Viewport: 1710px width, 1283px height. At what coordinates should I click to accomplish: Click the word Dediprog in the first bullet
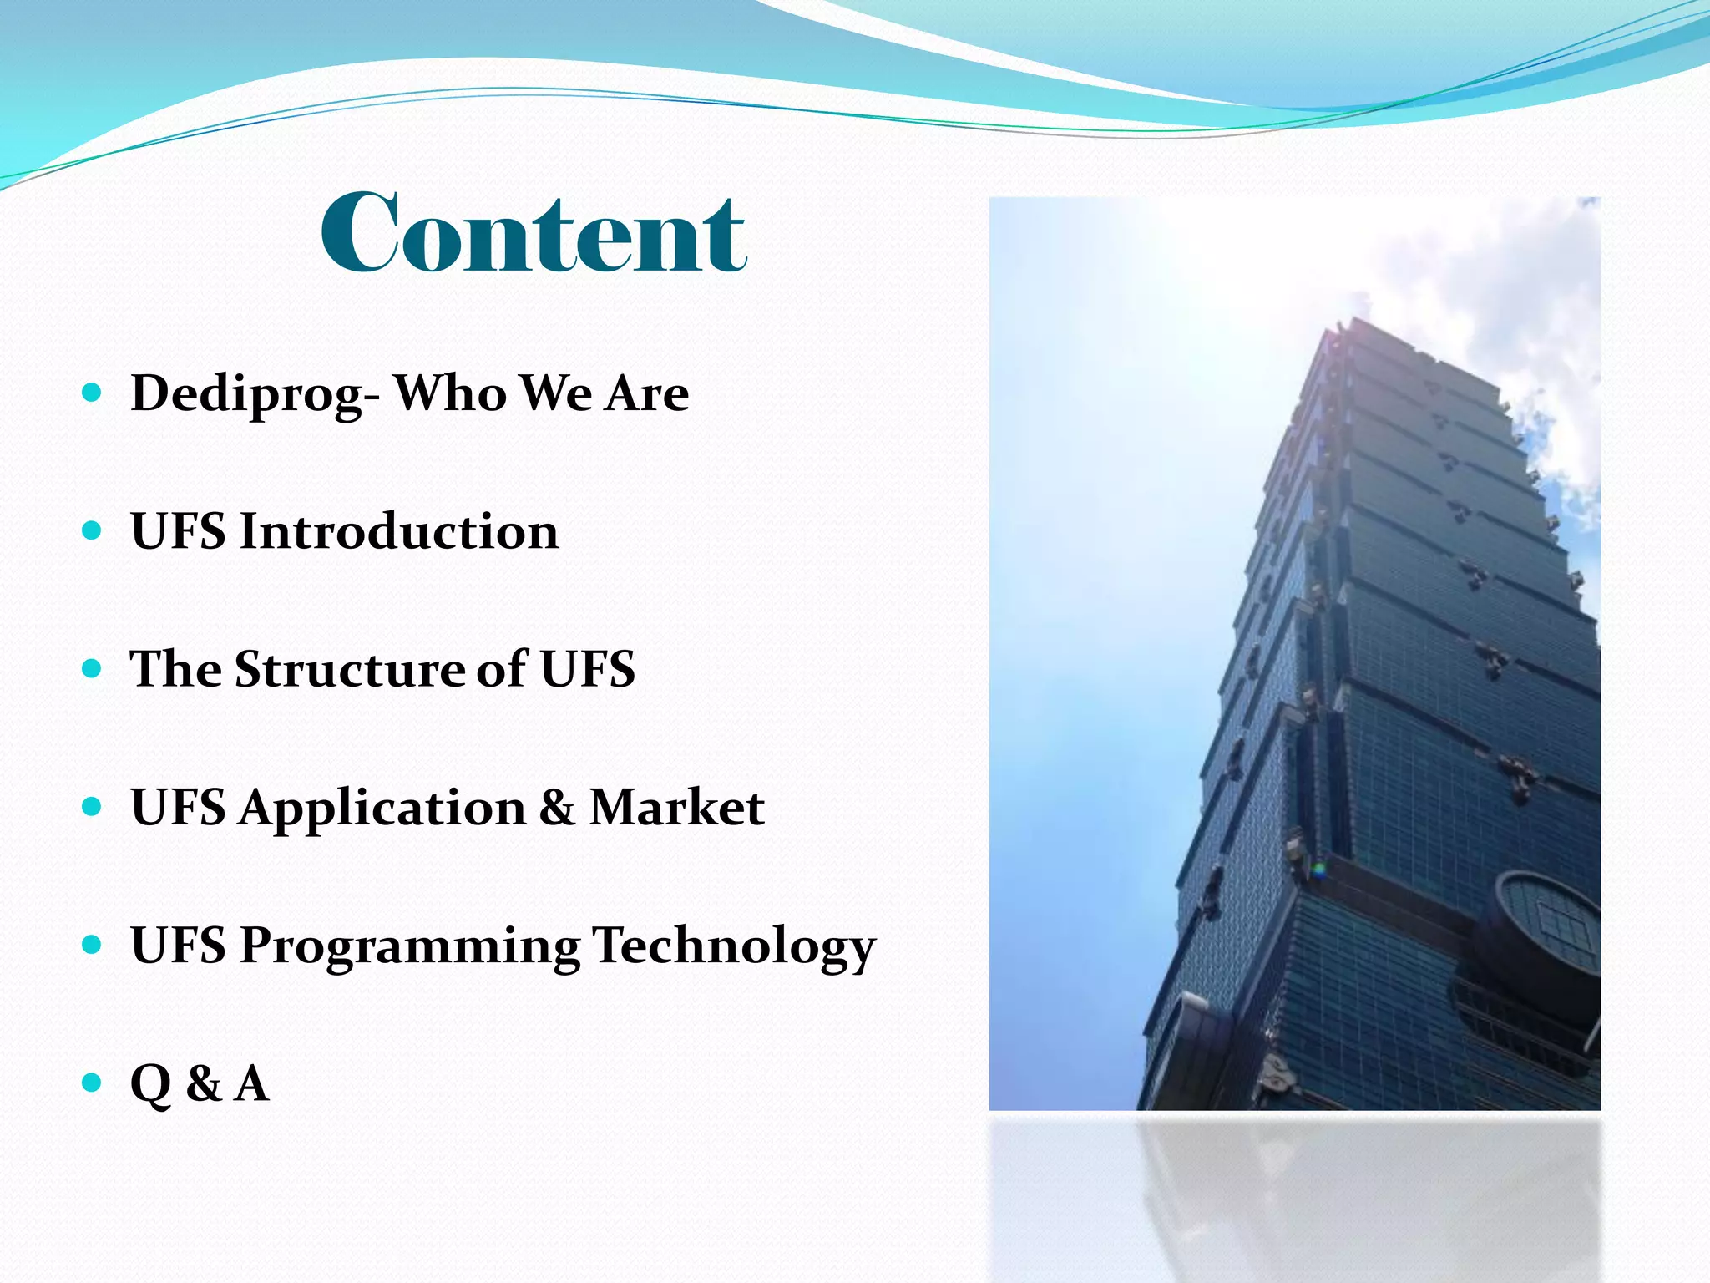click(246, 393)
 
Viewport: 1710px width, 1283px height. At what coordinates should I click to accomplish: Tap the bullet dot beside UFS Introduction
click(93, 530)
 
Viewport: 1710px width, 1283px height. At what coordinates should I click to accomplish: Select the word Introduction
click(399, 531)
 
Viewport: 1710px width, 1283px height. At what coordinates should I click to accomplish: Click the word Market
click(676, 808)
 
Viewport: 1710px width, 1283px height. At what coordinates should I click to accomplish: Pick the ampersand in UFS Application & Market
click(557, 808)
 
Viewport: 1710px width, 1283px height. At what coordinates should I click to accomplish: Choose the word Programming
click(409, 947)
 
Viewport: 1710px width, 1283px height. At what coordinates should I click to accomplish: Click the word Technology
click(734, 947)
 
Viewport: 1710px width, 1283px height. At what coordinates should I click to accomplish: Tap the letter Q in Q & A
click(151, 1085)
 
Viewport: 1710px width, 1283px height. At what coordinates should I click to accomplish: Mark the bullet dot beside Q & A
click(93, 1083)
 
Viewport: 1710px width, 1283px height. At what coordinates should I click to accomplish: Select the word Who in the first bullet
click(450, 393)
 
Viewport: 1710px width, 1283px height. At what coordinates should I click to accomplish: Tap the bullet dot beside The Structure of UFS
click(93, 668)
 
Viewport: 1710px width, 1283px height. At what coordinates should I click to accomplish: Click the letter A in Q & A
click(251, 1083)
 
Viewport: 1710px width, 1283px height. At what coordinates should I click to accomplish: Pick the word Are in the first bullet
click(647, 393)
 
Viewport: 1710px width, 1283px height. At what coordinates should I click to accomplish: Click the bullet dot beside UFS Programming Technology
click(93, 945)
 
